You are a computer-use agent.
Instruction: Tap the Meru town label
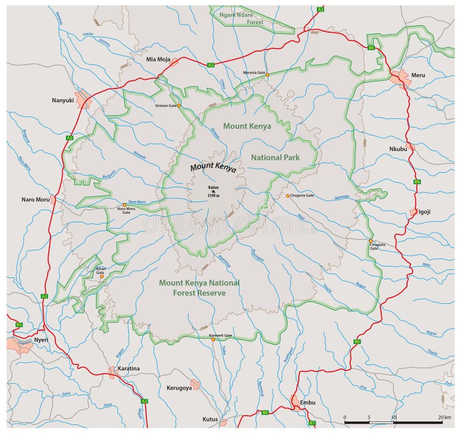coord(417,75)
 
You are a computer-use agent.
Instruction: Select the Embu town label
coord(308,403)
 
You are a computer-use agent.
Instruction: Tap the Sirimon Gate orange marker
coord(179,106)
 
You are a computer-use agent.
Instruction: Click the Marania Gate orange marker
coord(267,75)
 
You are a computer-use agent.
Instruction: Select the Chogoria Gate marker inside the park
coord(287,196)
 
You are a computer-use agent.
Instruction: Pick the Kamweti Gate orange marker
coord(213,339)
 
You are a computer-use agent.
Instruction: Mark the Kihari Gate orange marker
coord(102,276)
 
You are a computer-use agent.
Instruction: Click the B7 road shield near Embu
coord(312,423)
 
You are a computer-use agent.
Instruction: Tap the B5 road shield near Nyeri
coord(18,324)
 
